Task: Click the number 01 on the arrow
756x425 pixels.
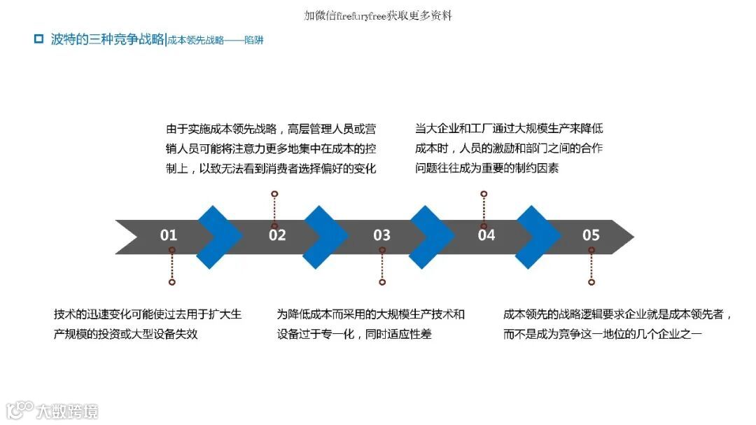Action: pos(169,235)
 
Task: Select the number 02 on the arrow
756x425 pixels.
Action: pos(277,235)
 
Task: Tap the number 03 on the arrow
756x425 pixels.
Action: pos(381,235)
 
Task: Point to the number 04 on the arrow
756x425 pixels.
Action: pos(486,235)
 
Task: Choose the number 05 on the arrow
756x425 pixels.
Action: pos(591,235)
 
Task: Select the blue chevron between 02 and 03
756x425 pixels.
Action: pos(325,237)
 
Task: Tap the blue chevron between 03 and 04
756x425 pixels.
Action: pos(432,237)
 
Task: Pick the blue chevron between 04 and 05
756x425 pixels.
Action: pos(538,237)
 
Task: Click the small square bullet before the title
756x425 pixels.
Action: pos(39,39)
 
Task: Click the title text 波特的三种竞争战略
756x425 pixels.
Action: pos(107,39)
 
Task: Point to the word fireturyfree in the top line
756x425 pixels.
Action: pos(361,15)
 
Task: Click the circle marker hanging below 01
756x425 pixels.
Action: pos(171,282)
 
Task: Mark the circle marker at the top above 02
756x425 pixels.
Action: pos(274,193)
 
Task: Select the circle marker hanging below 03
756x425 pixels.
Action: pos(382,282)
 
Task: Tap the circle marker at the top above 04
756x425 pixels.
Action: pos(484,193)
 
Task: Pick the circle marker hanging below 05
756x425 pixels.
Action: pos(591,282)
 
